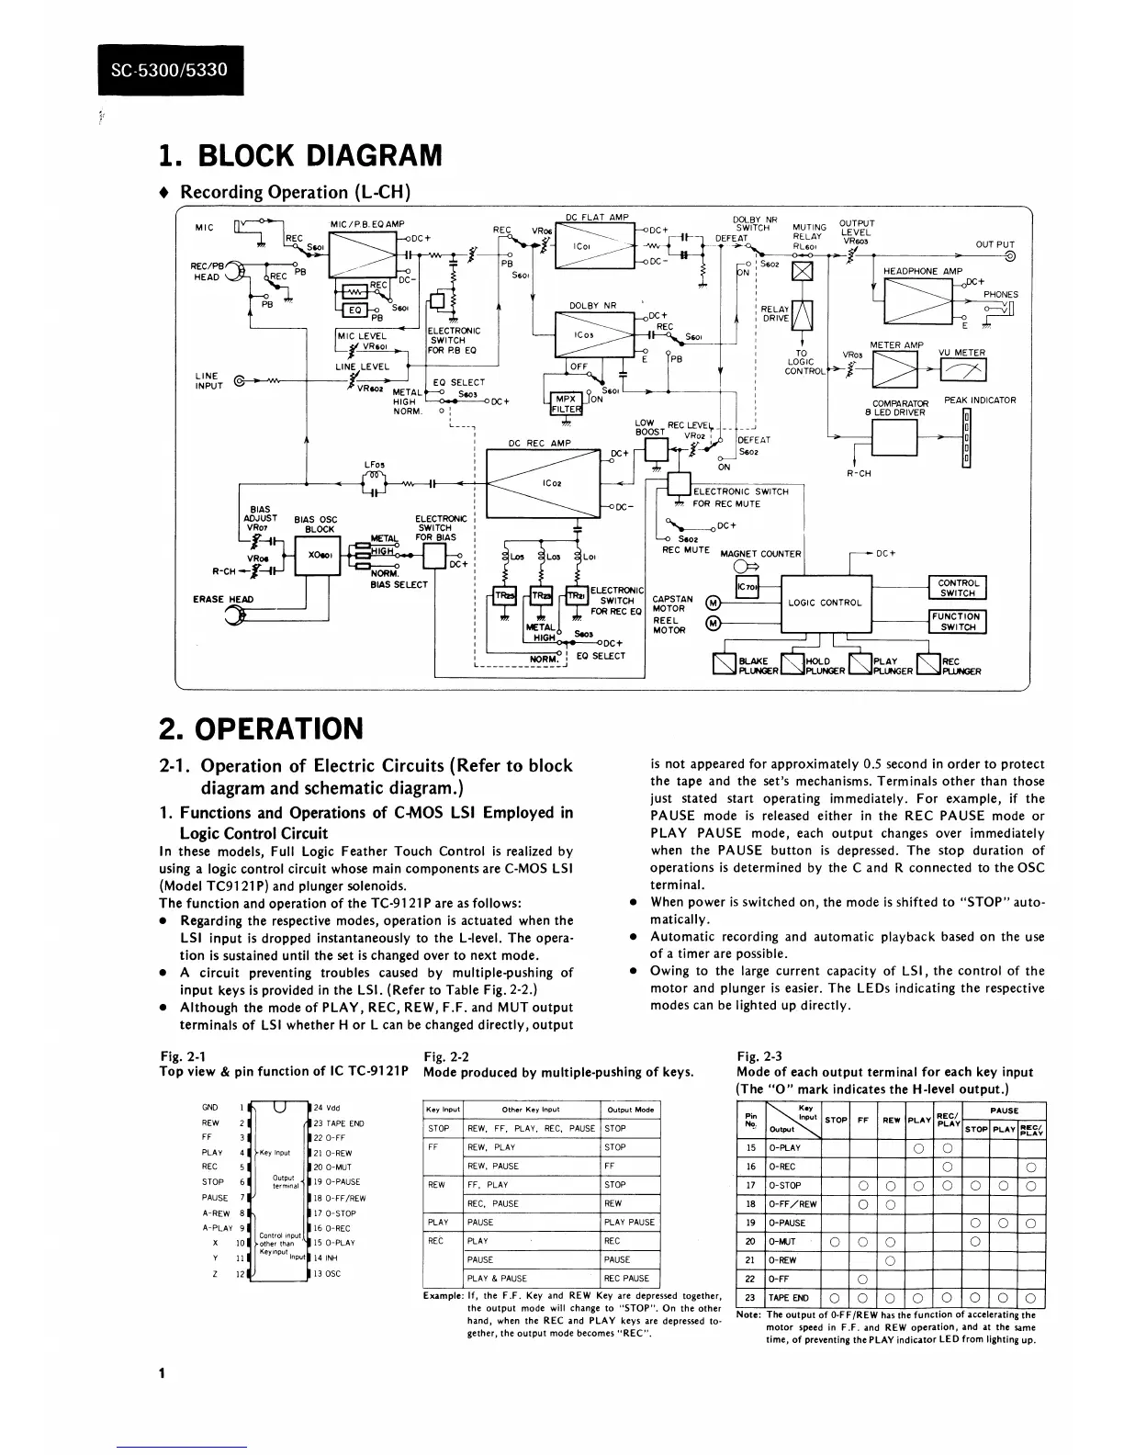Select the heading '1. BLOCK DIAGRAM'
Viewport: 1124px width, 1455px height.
[x=300, y=155]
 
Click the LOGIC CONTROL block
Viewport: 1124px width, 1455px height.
[x=825, y=603]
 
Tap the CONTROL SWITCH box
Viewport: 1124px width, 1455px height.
[x=959, y=588]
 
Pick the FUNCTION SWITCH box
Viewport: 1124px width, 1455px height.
[x=958, y=622]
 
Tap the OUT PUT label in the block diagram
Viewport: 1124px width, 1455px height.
[x=995, y=244]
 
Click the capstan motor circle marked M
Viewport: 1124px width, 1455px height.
[x=711, y=603]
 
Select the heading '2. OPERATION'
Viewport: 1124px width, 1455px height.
[x=261, y=728]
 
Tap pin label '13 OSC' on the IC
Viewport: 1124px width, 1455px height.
[x=327, y=1274]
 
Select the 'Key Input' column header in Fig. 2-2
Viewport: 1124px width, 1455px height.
[x=444, y=1110]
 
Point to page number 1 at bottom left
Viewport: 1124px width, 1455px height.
[x=161, y=1373]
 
